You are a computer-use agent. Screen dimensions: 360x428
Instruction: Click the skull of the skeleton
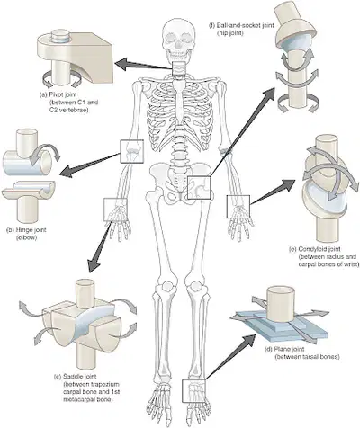(x=177, y=40)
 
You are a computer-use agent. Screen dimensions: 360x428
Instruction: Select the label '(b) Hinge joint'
(x=26, y=230)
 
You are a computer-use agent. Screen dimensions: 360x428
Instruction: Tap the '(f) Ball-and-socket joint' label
(x=241, y=25)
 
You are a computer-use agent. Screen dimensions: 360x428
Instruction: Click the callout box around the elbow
(x=131, y=151)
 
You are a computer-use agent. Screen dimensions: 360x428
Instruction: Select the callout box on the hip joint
(x=199, y=188)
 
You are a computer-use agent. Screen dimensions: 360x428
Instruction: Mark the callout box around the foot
(x=193, y=390)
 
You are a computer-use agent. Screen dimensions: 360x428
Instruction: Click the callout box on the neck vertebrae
(x=179, y=69)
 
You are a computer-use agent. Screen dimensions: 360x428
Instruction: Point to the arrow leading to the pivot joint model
(x=144, y=65)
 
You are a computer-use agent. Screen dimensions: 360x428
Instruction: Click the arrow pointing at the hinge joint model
(x=90, y=165)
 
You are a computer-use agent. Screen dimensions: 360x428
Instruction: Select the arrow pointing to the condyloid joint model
(x=273, y=192)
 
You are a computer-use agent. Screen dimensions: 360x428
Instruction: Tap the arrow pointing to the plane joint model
(x=230, y=357)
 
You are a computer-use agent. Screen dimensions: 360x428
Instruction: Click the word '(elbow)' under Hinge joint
(x=26, y=238)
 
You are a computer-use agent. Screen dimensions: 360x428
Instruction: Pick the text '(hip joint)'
(x=230, y=33)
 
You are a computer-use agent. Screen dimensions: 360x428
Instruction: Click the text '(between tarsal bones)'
(x=307, y=357)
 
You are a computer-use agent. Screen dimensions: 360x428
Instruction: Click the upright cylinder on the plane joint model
(x=281, y=303)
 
